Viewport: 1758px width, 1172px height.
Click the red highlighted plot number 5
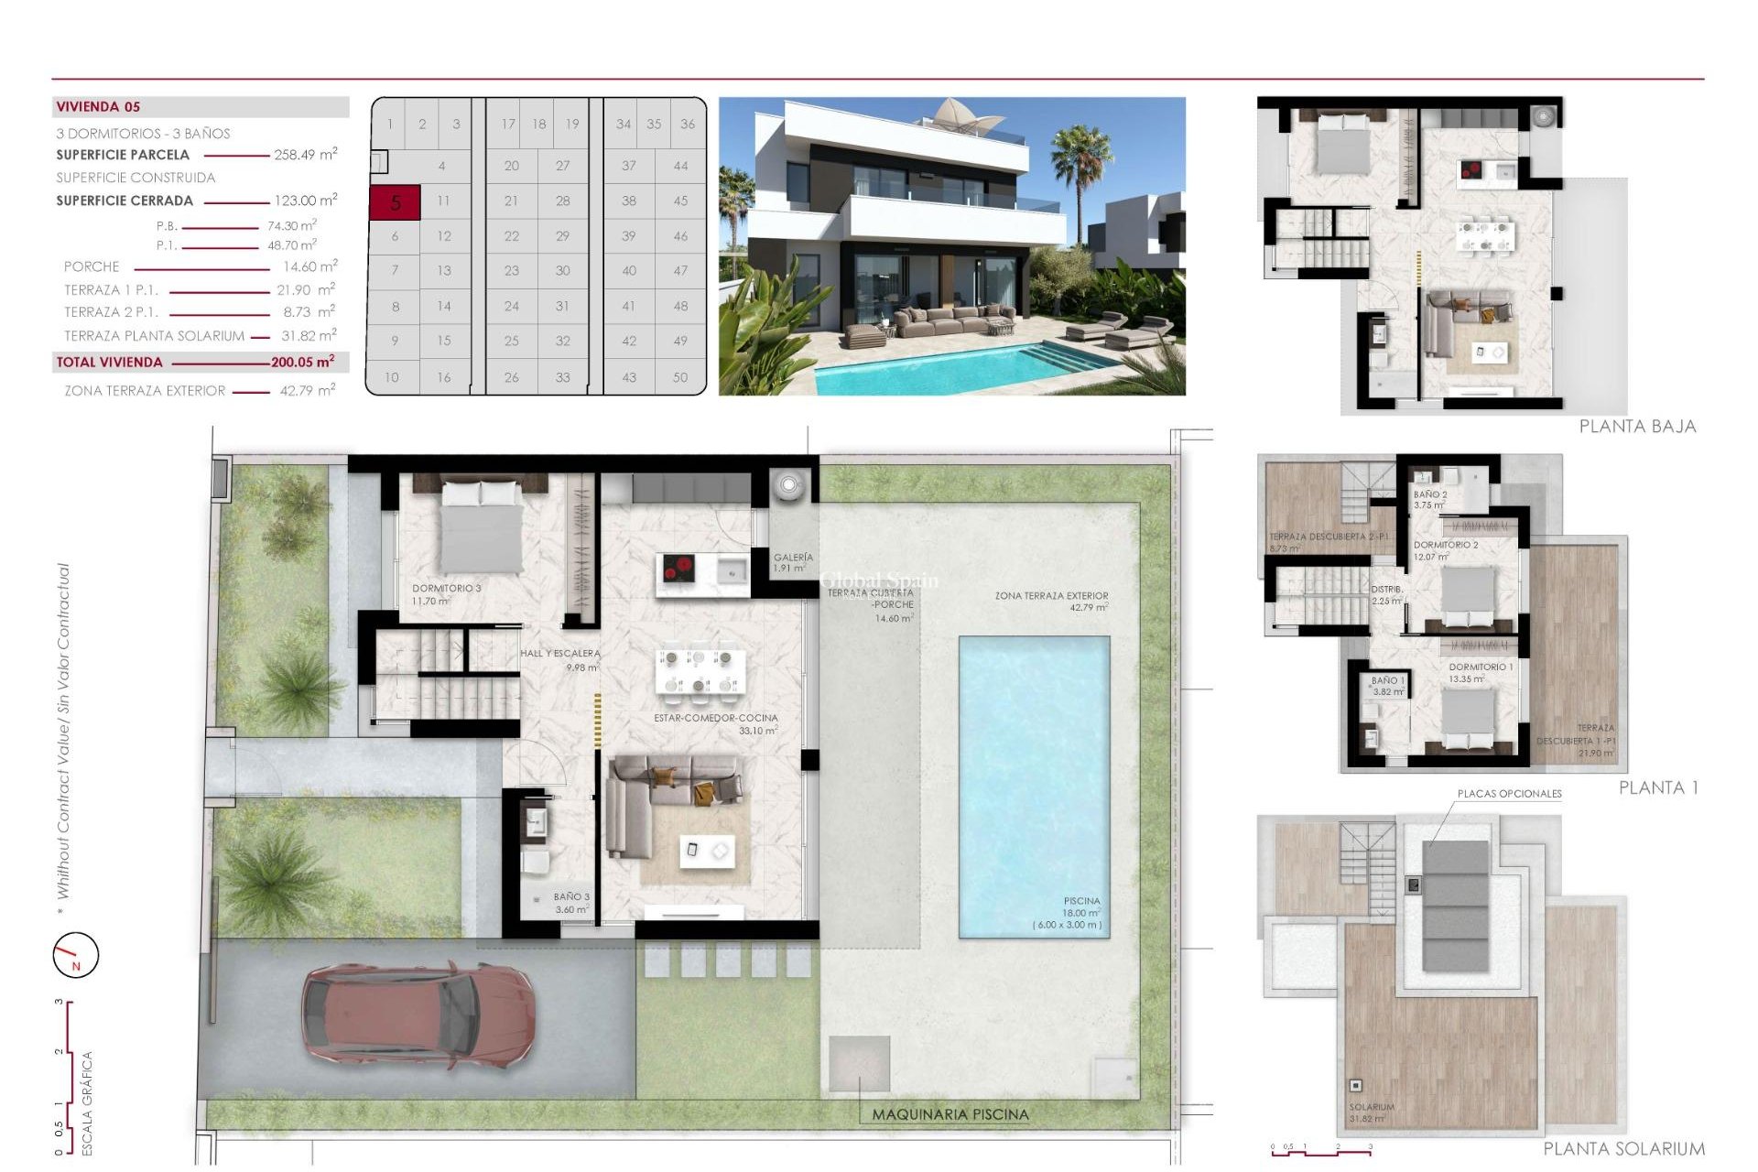(x=395, y=202)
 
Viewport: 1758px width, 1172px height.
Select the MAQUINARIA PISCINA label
(x=950, y=1114)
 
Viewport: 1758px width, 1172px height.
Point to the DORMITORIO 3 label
(x=446, y=589)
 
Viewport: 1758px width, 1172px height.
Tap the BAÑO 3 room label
(x=571, y=897)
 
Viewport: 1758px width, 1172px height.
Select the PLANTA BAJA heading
(x=1637, y=427)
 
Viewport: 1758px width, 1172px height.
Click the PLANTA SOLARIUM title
(x=1623, y=1149)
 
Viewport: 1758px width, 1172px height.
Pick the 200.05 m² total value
(x=302, y=363)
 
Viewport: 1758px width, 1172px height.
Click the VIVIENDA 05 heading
(x=98, y=107)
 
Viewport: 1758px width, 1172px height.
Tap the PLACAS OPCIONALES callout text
(x=1509, y=794)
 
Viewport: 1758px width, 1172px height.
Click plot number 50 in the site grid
(x=679, y=377)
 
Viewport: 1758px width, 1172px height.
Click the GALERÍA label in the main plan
(x=793, y=558)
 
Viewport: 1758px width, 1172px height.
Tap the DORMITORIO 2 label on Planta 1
(x=1446, y=545)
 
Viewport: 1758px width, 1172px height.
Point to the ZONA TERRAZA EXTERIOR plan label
(x=1051, y=596)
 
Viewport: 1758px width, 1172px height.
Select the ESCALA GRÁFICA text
(x=88, y=1102)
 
